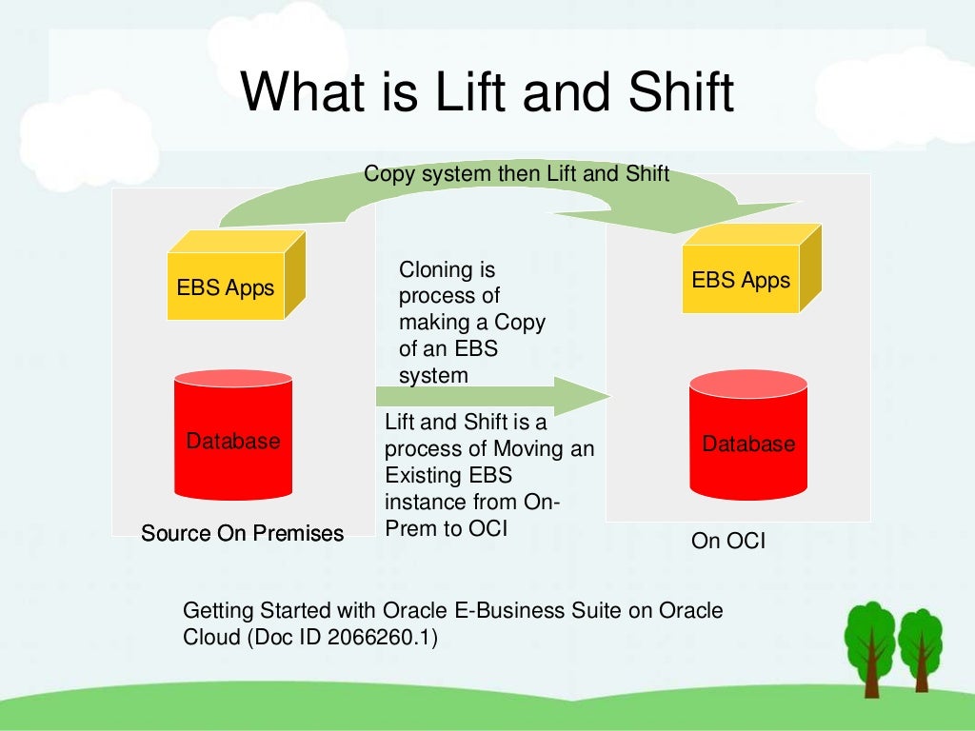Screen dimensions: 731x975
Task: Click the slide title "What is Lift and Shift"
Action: click(487, 93)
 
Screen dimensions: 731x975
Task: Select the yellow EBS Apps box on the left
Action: click(226, 286)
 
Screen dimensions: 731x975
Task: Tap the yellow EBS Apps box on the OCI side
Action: click(741, 280)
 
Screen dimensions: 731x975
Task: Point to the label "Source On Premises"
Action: click(242, 533)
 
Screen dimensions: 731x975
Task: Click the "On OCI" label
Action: click(728, 542)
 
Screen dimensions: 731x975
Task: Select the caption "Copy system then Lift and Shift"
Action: click(517, 174)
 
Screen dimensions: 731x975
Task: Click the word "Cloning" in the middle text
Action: click(433, 270)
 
